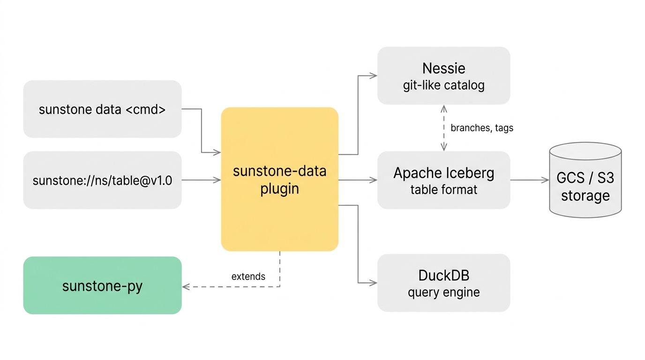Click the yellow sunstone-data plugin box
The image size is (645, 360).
279,179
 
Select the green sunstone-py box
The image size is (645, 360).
103,285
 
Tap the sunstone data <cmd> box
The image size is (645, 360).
103,109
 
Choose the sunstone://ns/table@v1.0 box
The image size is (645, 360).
103,180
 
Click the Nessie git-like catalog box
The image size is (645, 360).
444,76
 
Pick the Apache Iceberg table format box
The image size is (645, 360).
444,180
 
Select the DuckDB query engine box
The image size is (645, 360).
444,283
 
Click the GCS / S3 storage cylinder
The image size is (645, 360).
585,180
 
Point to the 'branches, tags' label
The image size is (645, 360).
482,128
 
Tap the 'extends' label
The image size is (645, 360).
248,277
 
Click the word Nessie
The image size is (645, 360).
444,68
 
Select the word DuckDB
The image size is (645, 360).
444,275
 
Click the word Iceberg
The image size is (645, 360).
469,173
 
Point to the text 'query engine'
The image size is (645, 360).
444,292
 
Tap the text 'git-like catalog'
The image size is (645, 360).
444,85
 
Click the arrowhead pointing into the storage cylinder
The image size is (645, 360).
545,180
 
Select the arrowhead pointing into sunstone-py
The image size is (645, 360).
186,287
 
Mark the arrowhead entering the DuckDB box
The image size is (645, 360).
374,283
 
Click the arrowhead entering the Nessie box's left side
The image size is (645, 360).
374,76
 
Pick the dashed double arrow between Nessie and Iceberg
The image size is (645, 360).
444,128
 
